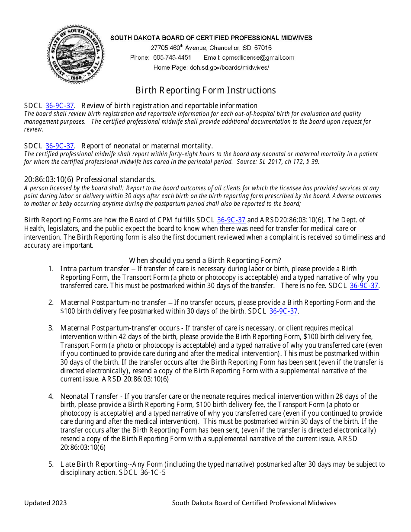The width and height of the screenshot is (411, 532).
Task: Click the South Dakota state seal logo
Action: point(75,54)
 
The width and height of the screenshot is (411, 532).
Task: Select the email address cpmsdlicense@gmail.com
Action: point(258,58)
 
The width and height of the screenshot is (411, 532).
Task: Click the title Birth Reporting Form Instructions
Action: point(205,90)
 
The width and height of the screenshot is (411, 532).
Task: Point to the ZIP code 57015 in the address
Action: point(263,48)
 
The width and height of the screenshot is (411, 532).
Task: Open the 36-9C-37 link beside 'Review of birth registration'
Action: point(60,106)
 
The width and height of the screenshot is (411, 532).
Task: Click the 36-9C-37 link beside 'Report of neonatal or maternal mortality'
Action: point(60,146)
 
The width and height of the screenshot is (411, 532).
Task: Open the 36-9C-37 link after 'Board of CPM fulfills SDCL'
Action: point(231,220)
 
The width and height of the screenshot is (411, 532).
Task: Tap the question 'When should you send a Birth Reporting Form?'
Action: point(205,260)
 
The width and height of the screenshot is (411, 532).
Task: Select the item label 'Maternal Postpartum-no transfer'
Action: point(113,302)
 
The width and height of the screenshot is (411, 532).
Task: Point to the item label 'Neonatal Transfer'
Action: point(89,396)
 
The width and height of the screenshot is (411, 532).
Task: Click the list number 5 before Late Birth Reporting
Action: point(51,465)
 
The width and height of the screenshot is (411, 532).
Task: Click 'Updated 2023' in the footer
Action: point(45,503)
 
